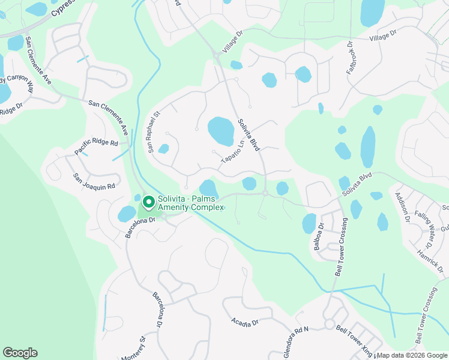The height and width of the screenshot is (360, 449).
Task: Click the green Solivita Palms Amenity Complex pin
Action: pos(145,200)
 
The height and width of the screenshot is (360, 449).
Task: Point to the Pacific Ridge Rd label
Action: pos(96,145)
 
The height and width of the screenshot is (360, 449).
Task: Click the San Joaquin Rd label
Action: pos(94,182)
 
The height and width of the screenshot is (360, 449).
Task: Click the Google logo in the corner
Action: pos(20,353)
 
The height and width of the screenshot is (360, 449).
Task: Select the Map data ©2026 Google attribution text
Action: pos(412,355)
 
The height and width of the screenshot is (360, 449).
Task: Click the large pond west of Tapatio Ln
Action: pos(221,131)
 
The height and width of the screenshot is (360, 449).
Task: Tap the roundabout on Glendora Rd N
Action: pos(329,324)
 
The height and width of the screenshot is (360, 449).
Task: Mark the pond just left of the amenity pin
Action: pos(127,214)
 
